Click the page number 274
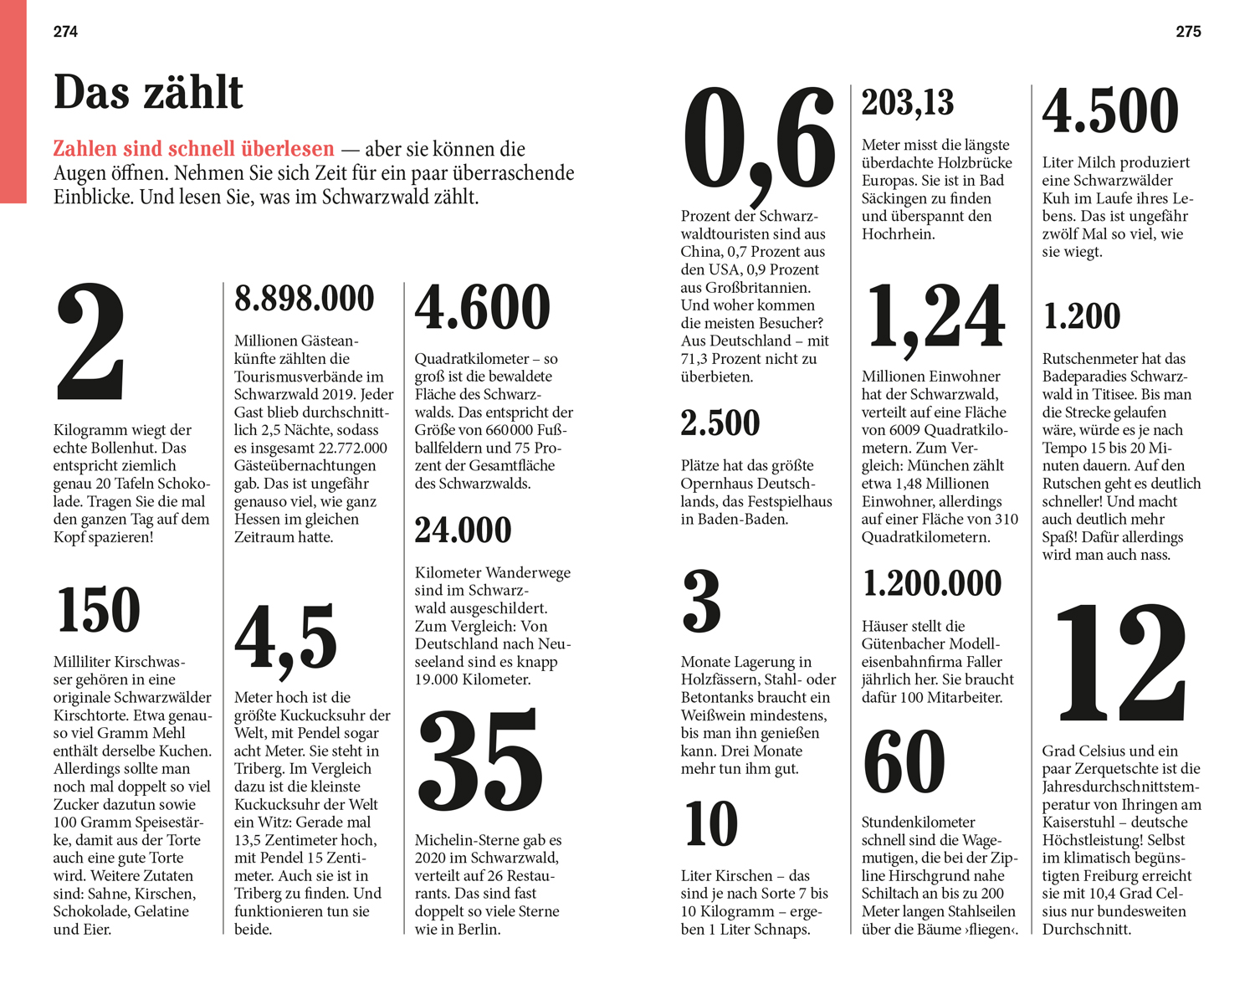[x=65, y=32]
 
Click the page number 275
[x=1188, y=32]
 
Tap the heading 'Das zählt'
[x=148, y=92]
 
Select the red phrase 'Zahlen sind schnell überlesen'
[x=193, y=149]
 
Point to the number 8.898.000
[x=304, y=299]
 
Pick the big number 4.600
[x=483, y=308]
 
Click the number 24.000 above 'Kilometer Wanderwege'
[x=463, y=530]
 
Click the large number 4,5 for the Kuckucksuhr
[x=285, y=640]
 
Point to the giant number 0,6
[x=759, y=142]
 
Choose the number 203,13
[x=908, y=103]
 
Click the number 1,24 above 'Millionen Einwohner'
[x=935, y=316]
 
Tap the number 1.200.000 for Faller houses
[x=931, y=583]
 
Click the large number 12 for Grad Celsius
[x=1121, y=663]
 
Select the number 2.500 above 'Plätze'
[x=720, y=423]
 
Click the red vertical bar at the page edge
[x=13, y=100]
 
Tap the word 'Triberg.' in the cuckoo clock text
[x=261, y=768]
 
